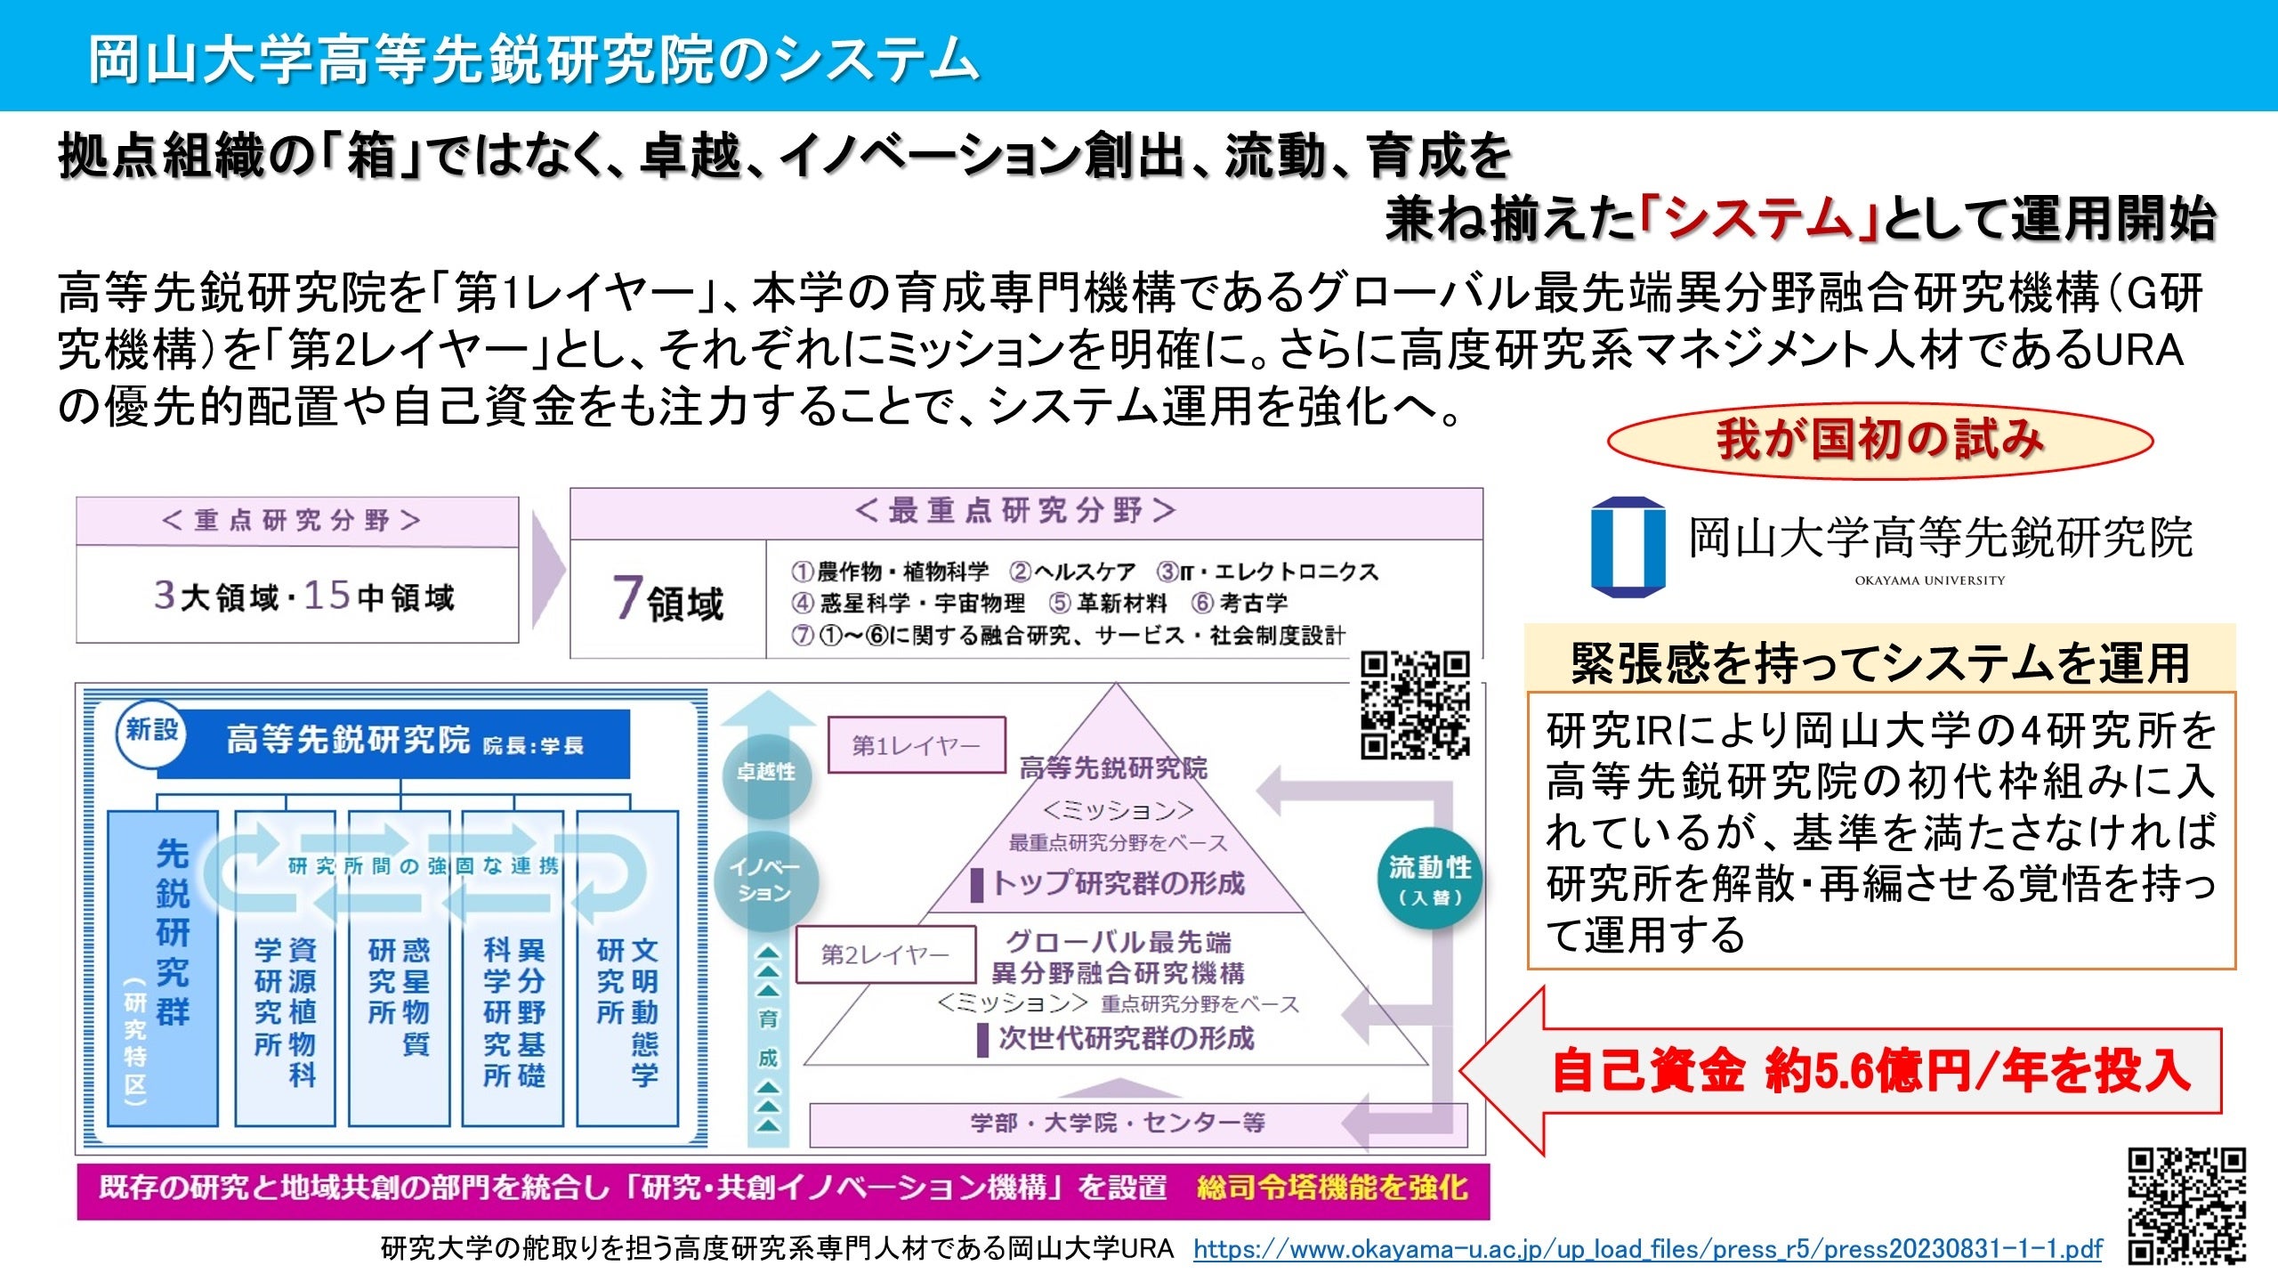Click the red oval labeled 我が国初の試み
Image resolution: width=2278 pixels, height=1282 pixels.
1879,441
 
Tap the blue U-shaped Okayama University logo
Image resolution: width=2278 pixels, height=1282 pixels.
1628,547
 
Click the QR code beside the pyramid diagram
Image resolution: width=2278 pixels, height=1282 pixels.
1416,705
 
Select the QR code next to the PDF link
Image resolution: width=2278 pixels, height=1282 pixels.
2186,1205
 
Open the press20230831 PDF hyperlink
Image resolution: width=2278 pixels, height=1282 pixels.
1647,1249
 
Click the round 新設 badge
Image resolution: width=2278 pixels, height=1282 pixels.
151,732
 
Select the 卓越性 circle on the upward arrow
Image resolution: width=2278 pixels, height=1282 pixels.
765,772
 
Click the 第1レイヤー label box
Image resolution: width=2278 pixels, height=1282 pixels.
916,745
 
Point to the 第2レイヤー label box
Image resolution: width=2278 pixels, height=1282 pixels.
885,955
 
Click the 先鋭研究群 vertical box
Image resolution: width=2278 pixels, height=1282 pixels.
163,968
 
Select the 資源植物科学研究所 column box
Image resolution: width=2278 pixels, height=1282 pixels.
285,968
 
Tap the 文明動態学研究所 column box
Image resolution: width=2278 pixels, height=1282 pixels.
627,968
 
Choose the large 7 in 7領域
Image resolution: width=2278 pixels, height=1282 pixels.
627,597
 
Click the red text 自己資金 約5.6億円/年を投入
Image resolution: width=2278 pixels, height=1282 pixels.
1869,1071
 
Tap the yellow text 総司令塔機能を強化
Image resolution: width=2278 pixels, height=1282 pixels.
1331,1188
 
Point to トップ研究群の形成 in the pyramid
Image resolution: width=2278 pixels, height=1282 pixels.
1118,883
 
